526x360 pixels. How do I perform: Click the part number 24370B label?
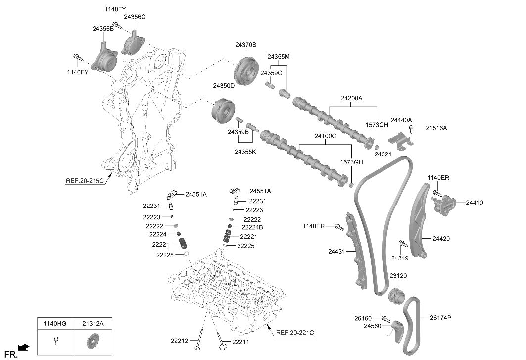(245, 45)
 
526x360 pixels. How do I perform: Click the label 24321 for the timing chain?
(383, 154)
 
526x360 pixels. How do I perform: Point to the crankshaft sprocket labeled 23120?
(396, 296)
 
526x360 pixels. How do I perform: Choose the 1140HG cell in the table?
(55, 324)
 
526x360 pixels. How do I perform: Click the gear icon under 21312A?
(93, 342)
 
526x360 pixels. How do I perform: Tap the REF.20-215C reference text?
(85, 181)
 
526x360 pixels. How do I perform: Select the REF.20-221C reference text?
(295, 332)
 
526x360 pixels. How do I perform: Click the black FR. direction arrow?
(24, 348)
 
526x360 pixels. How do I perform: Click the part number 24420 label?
(441, 239)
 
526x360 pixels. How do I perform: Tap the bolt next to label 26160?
(385, 318)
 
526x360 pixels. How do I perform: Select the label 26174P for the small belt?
(441, 317)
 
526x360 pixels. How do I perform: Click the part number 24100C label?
(325, 136)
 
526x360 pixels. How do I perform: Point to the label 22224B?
(252, 227)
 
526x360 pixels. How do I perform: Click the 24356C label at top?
(135, 17)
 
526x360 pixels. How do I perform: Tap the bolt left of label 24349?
(403, 244)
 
